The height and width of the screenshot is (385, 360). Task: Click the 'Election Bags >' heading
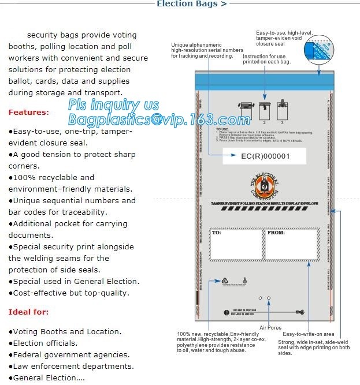coord(191,4)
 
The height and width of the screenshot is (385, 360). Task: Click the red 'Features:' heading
coord(28,112)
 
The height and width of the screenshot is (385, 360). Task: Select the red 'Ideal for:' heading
coord(28,312)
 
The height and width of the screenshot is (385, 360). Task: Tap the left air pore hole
coord(260,297)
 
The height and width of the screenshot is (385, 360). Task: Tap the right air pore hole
coord(269,297)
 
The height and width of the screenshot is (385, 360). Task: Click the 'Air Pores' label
coord(271,327)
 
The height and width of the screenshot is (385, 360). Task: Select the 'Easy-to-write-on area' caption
coord(309,334)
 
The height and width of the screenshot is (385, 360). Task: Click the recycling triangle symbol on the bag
coord(225,281)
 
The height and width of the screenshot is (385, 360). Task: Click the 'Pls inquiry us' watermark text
coord(113,105)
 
